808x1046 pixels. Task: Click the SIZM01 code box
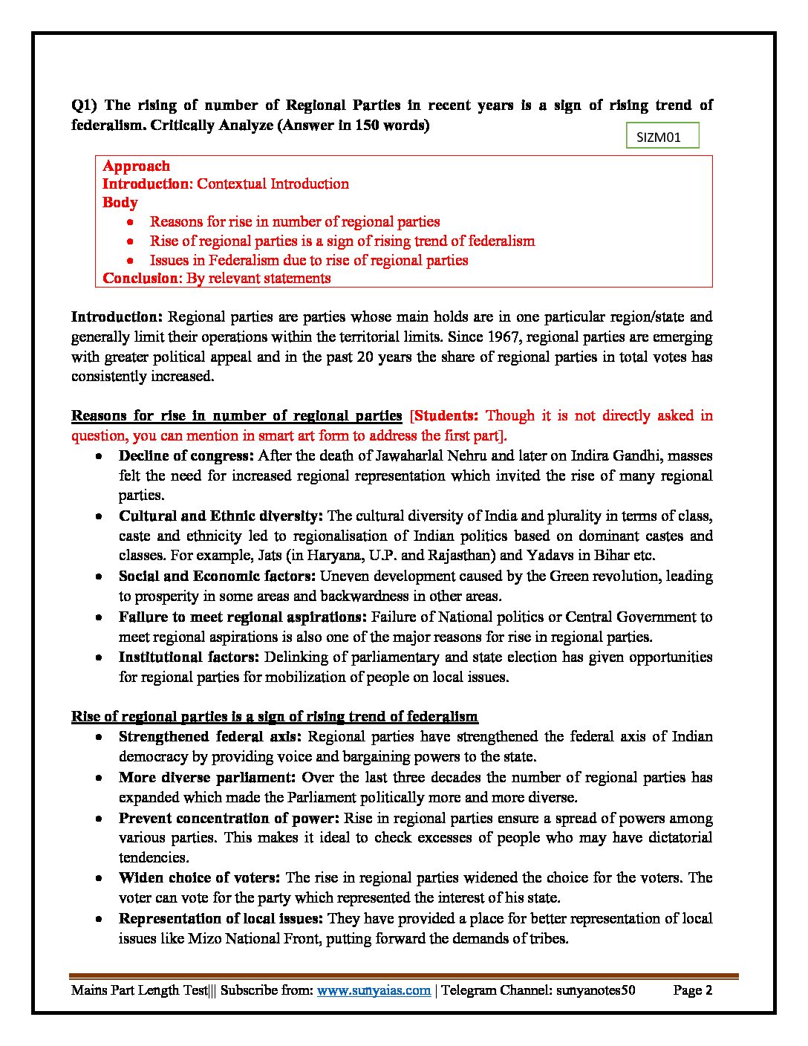tap(658, 137)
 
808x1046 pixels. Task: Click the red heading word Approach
tap(136, 166)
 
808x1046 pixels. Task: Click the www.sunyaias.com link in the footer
tap(374, 990)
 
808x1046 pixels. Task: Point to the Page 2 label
tap(692, 990)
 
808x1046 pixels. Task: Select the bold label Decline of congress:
tap(186, 455)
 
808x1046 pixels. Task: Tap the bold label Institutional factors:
tap(189, 657)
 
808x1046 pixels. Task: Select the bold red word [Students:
tap(444, 415)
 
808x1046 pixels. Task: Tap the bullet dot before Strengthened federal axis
tap(98, 737)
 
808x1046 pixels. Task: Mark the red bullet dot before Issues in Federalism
tap(130, 261)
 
